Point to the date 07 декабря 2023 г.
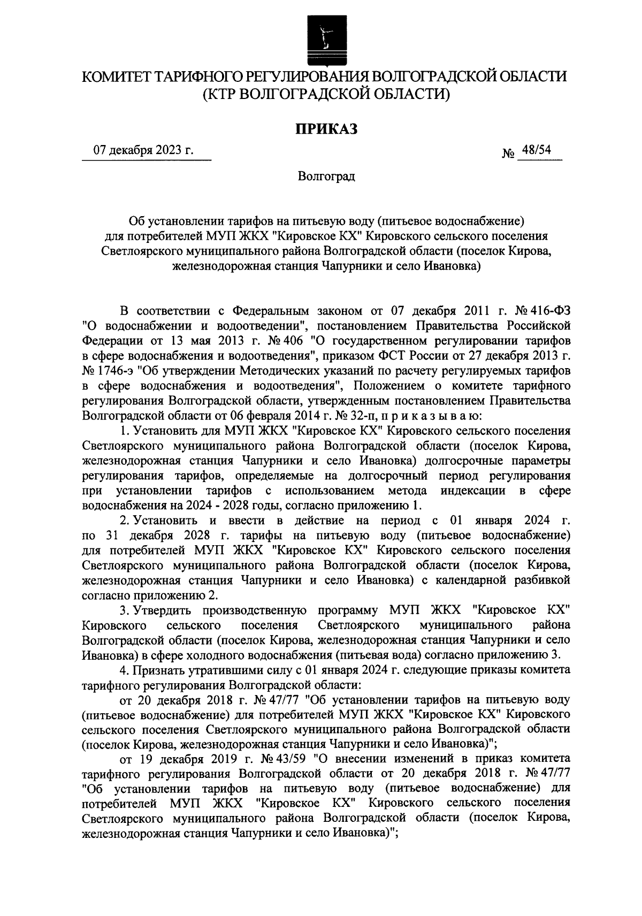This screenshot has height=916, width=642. tap(143, 151)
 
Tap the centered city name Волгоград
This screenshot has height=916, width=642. tap(326, 176)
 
